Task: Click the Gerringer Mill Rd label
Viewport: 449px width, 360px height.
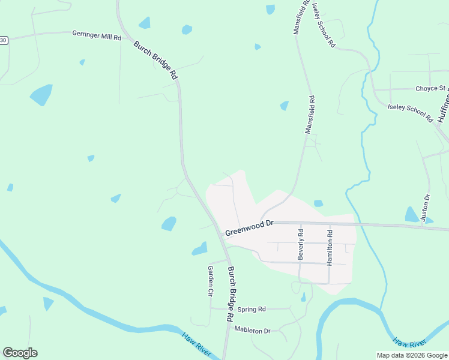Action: point(97,36)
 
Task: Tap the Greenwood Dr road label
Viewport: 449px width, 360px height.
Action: point(249,228)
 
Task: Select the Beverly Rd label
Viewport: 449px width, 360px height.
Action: point(300,244)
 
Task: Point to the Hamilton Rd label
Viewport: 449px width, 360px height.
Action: point(329,247)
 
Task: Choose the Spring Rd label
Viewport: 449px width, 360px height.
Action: point(252,310)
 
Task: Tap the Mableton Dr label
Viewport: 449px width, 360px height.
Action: point(253,330)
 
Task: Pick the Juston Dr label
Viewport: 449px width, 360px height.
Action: point(427,208)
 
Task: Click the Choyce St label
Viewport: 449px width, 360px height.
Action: point(430,88)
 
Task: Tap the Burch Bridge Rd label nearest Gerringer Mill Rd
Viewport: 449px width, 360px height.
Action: point(156,60)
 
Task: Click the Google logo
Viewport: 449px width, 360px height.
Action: point(20,353)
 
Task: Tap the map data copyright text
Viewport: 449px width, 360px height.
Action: point(412,355)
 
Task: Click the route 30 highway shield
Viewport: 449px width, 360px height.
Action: point(4,40)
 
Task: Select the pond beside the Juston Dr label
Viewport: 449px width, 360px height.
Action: point(412,214)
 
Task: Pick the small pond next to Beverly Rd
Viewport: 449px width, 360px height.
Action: point(304,296)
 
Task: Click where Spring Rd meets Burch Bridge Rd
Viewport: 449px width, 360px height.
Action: point(228,308)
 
